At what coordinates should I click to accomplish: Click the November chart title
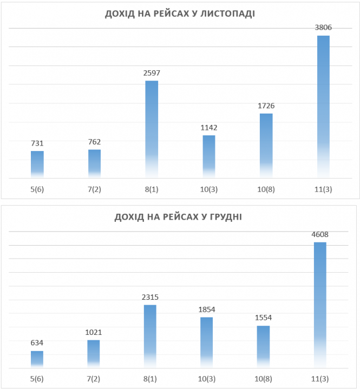(x=180, y=14)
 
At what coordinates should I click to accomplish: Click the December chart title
(x=178, y=217)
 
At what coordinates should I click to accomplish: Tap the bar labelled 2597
(x=152, y=129)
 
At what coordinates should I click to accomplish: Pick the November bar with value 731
(x=37, y=164)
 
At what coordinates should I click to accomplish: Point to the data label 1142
(x=209, y=128)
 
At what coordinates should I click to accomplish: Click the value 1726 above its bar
(x=266, y=106)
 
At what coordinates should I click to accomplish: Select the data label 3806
(x=323, y=28)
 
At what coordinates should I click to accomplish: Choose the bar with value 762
(x=94, y=163)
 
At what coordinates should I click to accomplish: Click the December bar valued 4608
(x=320, y=305)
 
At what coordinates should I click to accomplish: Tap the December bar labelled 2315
(x=150, y=337)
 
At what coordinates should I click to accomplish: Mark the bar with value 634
(x=37, y=360)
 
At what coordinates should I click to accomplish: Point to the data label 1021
(x=93, y=332)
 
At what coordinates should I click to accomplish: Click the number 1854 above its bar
(x=207, y=309)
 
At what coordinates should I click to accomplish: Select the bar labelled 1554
(x=263, y=347)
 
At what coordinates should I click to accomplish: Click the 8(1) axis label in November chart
(x=152, y=189)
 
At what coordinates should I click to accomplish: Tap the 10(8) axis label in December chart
(x=263, y=379)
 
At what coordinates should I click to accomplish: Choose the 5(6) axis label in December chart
(x=37, y=379)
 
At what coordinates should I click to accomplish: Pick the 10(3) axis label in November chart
(x=209, y=189)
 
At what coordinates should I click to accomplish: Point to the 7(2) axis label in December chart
(x=93, y=379)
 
